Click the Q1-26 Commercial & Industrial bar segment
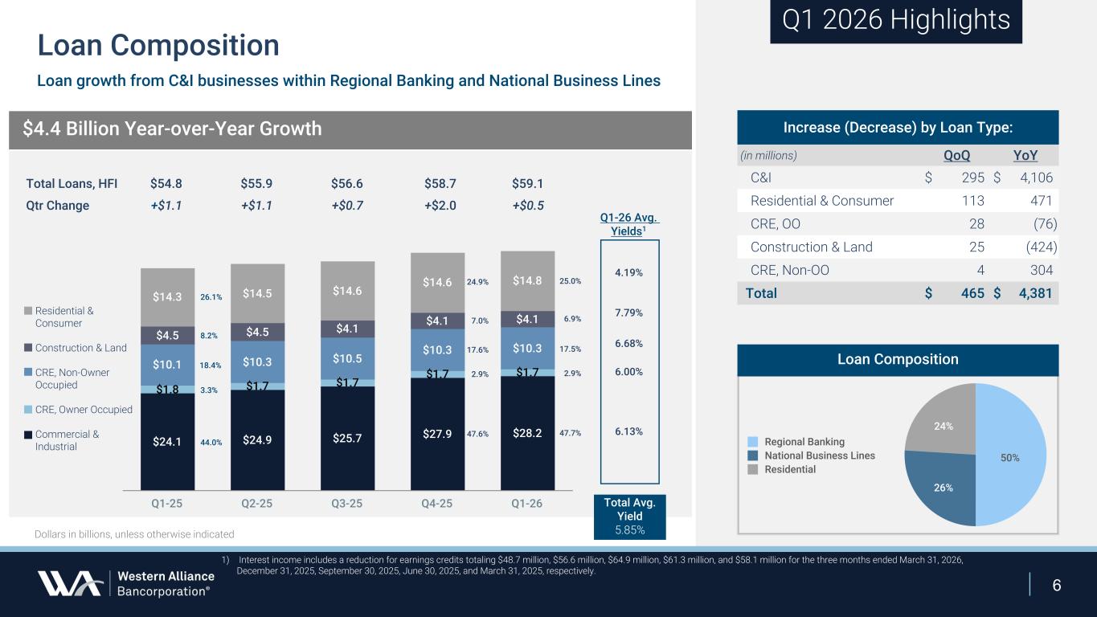click(527, 433)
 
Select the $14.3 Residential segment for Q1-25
click(167, 296)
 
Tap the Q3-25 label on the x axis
click(347, 505)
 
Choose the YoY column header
click(1023, 155)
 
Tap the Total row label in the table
click(761, 293)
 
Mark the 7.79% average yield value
click(629, 313)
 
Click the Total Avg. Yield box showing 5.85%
click(629, 516)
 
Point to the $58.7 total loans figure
click(440, 183)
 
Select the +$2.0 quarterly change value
click(440, 205)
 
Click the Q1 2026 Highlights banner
click(895, 21)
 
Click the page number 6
click(1057, 585)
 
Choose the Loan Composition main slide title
click(158, 46)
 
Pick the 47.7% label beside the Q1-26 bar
click(570, 433)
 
